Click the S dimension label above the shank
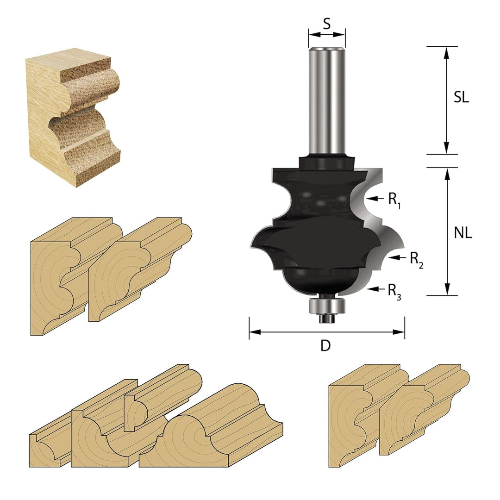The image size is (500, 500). [x=326, y=24]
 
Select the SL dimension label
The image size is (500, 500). [x=461, y=98]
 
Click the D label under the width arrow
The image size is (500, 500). [x=326, y=346]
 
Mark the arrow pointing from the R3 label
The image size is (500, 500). [x=375, y=289]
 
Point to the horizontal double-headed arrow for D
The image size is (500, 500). [x=326, y=331]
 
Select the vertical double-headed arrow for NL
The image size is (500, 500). [x=447, y=231]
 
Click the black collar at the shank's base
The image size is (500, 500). [x=326, y=162]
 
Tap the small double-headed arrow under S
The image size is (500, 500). [x=326, y=35]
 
